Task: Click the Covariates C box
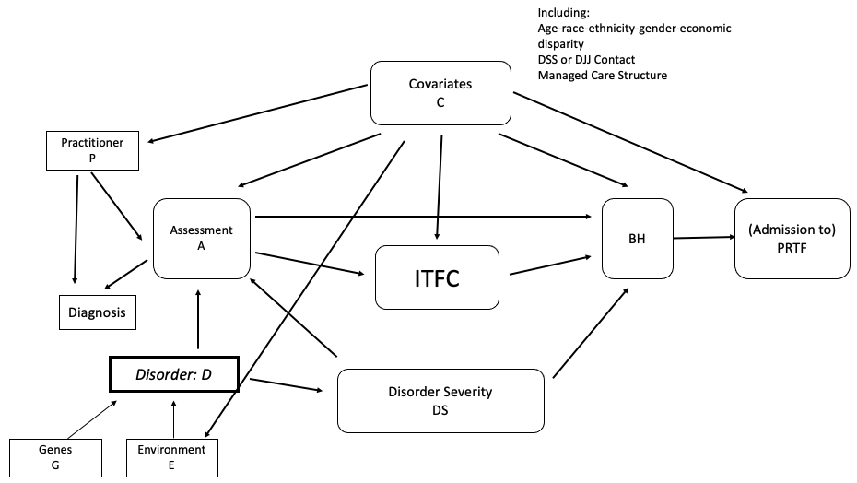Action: click(x=440, y=92)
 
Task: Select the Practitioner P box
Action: click(x=92, y=150)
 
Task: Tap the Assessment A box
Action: click(x=203, y=238)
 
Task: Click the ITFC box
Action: click(x=437, y=277)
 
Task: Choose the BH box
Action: click(x=636, y=238)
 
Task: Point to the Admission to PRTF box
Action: click(x=792, y=238)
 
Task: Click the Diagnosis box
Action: click(x=98, y=312)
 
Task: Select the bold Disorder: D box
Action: click(x=174, y=374)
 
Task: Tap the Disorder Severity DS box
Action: click(x=440, y=400)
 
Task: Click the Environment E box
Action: click(x=172, y=457)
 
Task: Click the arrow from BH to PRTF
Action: click(x=703, y=238)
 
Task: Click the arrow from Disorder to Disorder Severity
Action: click(x=288, y=384)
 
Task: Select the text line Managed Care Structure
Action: click(x=602, y=75)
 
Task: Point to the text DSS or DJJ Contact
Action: click(x=586, y=59)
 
